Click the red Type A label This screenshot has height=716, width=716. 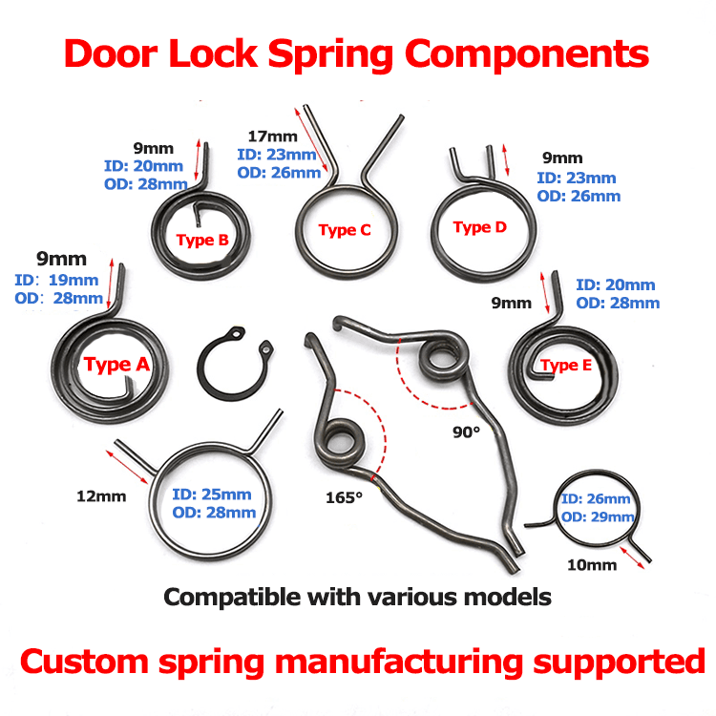116,364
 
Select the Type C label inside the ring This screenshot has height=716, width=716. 344,230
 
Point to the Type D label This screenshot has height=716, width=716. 479,227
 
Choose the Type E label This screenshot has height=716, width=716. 566,366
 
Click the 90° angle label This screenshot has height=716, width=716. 466,432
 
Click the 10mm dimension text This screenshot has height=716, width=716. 592,564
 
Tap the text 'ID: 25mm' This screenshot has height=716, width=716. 212,495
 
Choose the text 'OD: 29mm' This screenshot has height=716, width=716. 598,516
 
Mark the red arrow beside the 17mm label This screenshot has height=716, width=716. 315,143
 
